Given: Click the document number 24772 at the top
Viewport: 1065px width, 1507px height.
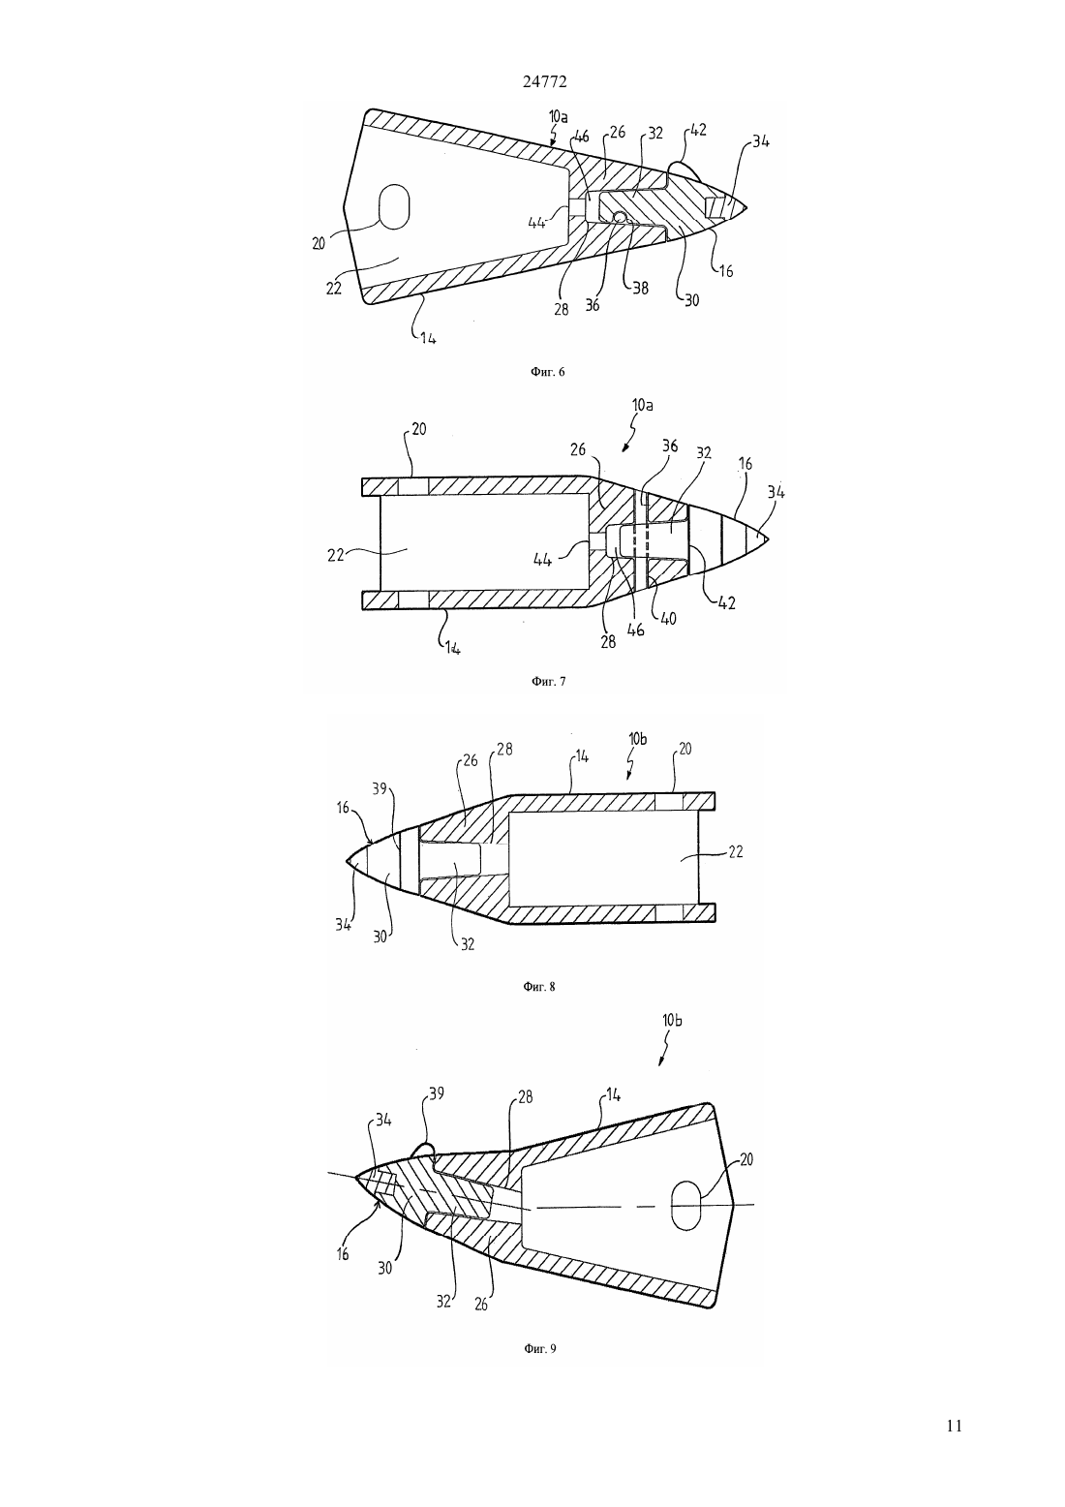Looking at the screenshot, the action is tap(544, 81).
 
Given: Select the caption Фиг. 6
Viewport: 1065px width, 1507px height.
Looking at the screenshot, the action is tap(547, 371).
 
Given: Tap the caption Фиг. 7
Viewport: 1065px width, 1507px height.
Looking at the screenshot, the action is tap(549, 681).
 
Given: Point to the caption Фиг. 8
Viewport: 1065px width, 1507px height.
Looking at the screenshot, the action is tap(539, 987).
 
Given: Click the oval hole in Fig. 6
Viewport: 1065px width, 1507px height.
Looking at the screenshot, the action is tap(394, 206).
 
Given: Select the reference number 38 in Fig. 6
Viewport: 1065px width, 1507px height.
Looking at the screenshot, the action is tap(641, 288).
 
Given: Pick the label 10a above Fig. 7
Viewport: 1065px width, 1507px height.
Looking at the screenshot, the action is tap(643, 405).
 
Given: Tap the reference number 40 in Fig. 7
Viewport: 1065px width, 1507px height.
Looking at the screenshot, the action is tap(668, 618).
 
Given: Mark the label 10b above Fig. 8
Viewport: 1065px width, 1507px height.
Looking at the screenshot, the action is tap(637, 739).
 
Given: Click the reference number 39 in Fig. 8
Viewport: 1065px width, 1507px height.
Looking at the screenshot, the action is tap(380, 788).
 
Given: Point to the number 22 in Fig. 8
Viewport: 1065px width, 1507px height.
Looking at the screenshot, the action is tap(736, 851).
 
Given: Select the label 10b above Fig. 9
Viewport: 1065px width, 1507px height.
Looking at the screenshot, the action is tap(672, 1039).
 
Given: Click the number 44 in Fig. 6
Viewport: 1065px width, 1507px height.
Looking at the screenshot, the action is tap(536, 224).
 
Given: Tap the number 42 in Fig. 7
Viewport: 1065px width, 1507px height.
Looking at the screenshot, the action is tap(726, 602).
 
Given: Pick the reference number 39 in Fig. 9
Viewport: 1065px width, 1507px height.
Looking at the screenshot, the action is tap(437, 1093).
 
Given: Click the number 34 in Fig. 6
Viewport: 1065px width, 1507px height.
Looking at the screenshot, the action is tap(761, 142).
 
